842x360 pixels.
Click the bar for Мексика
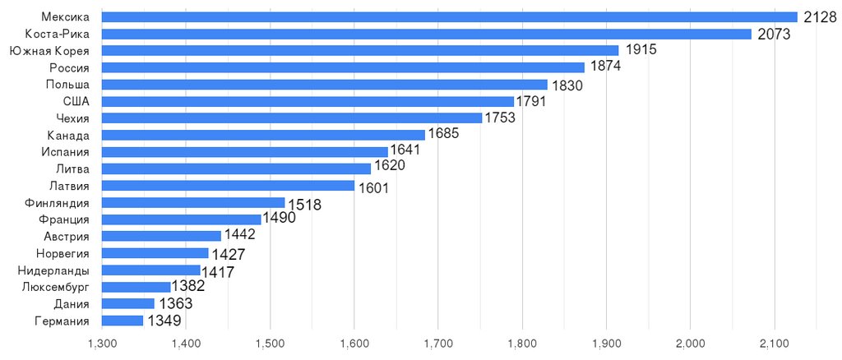tap(449, 16)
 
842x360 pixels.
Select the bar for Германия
tap(122, 321)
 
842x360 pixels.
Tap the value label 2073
tap(773, 35)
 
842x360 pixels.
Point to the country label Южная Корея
tap(49, 51)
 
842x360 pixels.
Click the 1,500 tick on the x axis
tap(270, 342)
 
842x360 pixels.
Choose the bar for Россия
tap(343, 67)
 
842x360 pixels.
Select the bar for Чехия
tap(292, 118)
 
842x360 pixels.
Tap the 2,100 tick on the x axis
tap(774, 342)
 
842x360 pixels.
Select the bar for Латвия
tap(228, 186)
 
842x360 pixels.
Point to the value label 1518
tap(304, 204)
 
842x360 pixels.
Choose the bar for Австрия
tap(161, 236)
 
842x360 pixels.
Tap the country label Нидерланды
tap(53, 270)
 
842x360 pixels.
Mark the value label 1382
tap(188, 287)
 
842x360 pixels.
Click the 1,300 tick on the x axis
tap(101, 342)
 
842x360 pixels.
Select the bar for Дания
tap(127, 303)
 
